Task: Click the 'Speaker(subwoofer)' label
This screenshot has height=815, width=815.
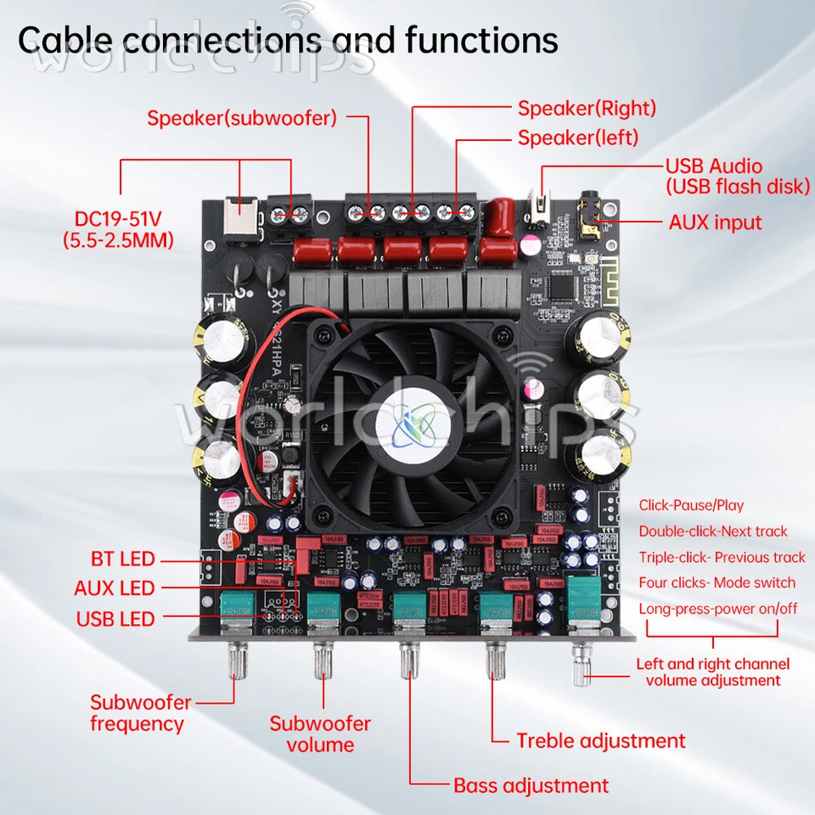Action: tap(242, 118)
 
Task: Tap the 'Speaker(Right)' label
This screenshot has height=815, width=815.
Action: tap(587, 108)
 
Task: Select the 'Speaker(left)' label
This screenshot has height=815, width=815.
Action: tap(577, 137)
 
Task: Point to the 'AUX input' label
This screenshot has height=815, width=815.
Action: tap(715, 222)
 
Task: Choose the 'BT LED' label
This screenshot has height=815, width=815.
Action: tap(123, 559)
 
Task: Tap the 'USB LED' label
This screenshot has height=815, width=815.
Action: tap(115, 619)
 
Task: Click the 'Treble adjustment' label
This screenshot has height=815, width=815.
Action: tap(600, 740)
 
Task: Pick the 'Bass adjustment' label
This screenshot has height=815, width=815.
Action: tap(531, 785)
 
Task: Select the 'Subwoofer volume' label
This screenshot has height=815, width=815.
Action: tap(320, 734)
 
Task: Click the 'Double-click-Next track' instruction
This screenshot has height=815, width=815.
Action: tap(713, 531)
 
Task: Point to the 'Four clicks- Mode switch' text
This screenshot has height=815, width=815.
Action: tap(717, 582)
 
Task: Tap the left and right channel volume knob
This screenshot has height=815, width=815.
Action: tap(582, 663)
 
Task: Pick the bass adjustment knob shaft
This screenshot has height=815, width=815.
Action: tap(407, 660)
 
